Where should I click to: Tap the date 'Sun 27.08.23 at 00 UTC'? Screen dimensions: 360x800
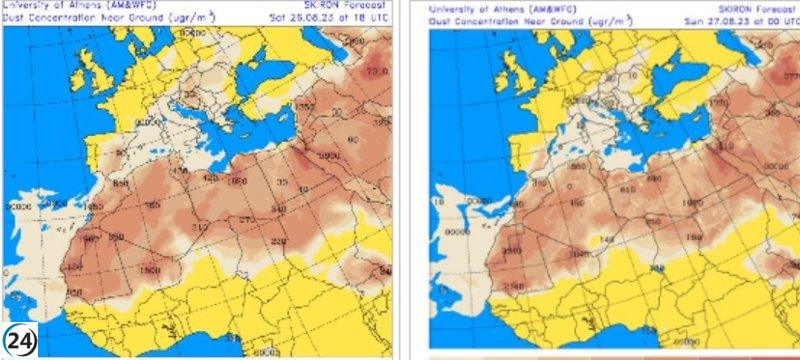pyautogui.click(x=744, y=19)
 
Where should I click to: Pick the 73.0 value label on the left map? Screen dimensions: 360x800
pyautogui.click(x=377, y=72)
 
